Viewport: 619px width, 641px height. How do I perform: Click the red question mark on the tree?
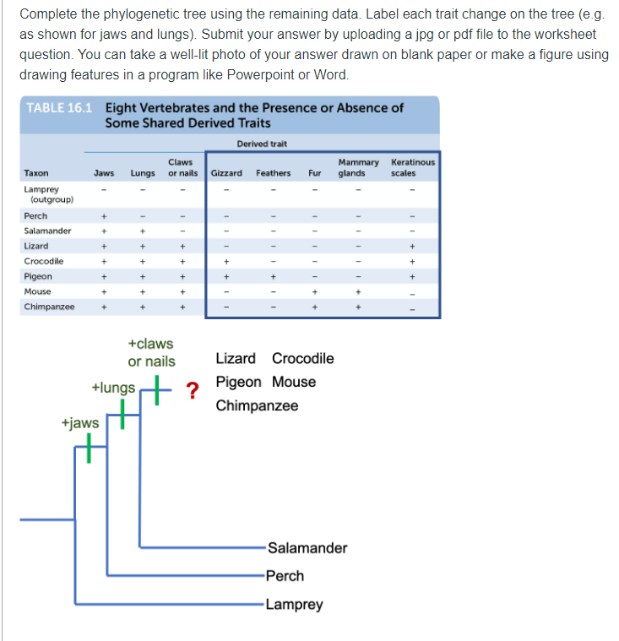point(193,390)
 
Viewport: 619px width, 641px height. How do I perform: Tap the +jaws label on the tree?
point(80,422)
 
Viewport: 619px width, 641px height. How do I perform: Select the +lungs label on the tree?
point(113,388)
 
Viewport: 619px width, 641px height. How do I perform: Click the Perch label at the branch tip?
point(285,576)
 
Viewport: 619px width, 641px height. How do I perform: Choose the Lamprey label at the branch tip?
point(294,605)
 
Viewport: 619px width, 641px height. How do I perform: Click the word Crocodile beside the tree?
point(303,358)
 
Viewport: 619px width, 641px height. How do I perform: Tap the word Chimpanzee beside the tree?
point(257,405)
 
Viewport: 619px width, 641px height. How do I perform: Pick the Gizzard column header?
point(226,173)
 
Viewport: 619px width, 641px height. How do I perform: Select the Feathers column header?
point(274,173)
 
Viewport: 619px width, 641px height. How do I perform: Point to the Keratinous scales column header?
point(413,167)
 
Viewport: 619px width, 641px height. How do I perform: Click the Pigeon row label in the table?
point(38,276)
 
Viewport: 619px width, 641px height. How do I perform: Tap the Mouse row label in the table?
point(38,291)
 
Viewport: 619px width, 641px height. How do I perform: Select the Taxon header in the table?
point(36,173)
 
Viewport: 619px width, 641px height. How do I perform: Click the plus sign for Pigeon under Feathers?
point(272,276)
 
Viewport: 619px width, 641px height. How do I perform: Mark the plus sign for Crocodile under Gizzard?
point(225,261)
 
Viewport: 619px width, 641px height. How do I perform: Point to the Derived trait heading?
point(262,144)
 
